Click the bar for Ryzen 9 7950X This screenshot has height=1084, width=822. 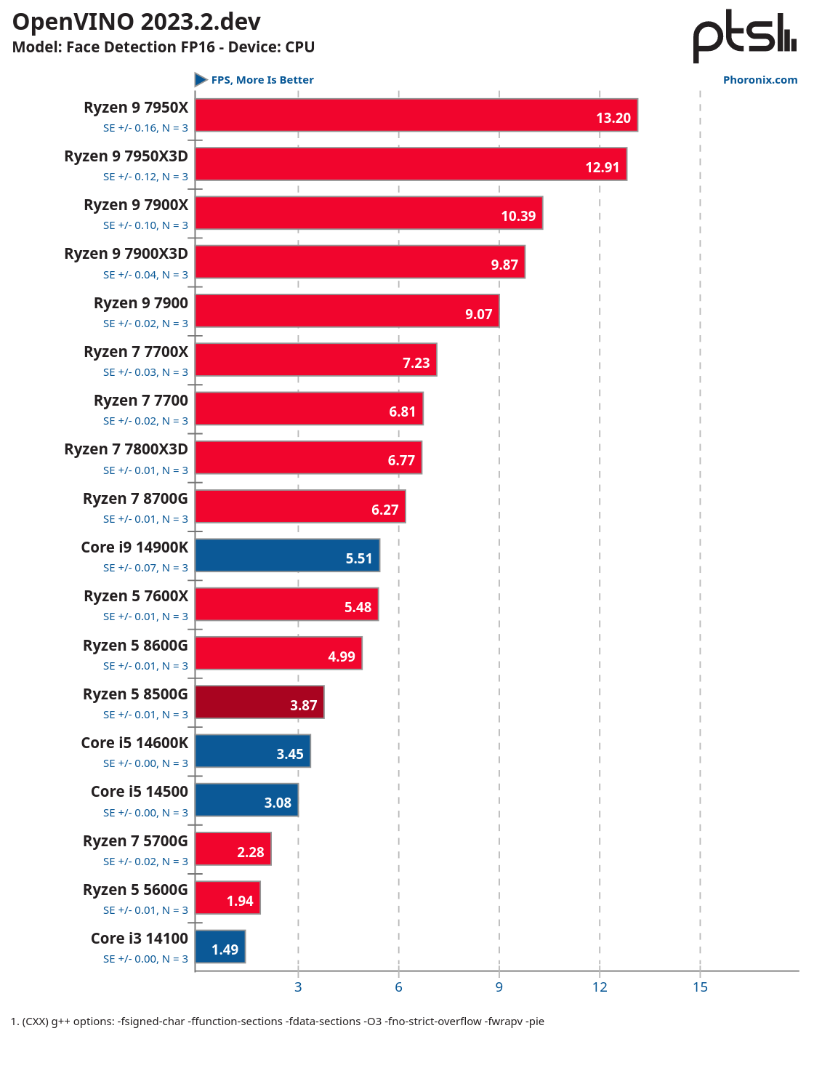416,116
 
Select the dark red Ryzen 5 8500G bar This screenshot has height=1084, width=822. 259,702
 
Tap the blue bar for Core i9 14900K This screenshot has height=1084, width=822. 287,555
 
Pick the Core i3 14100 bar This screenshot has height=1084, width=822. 220,947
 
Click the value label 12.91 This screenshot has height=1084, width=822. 603,167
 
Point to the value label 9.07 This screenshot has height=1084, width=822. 479,314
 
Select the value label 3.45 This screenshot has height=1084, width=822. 290,754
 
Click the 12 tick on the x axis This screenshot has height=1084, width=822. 600,987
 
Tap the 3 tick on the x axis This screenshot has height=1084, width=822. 298,987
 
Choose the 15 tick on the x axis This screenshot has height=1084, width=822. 700,987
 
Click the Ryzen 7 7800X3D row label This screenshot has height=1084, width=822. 126,449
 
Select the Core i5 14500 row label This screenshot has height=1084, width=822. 139,792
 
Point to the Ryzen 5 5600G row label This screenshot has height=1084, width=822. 135,890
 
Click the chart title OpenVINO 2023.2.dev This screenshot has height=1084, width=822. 137,22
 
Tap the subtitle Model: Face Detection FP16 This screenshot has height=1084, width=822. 164,47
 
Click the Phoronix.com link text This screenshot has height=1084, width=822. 760,80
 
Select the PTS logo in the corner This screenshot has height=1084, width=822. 744,36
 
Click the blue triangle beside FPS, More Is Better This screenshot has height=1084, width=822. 201,79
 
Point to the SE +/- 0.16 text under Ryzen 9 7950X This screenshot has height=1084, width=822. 145,128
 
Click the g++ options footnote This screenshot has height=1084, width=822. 278,1021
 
